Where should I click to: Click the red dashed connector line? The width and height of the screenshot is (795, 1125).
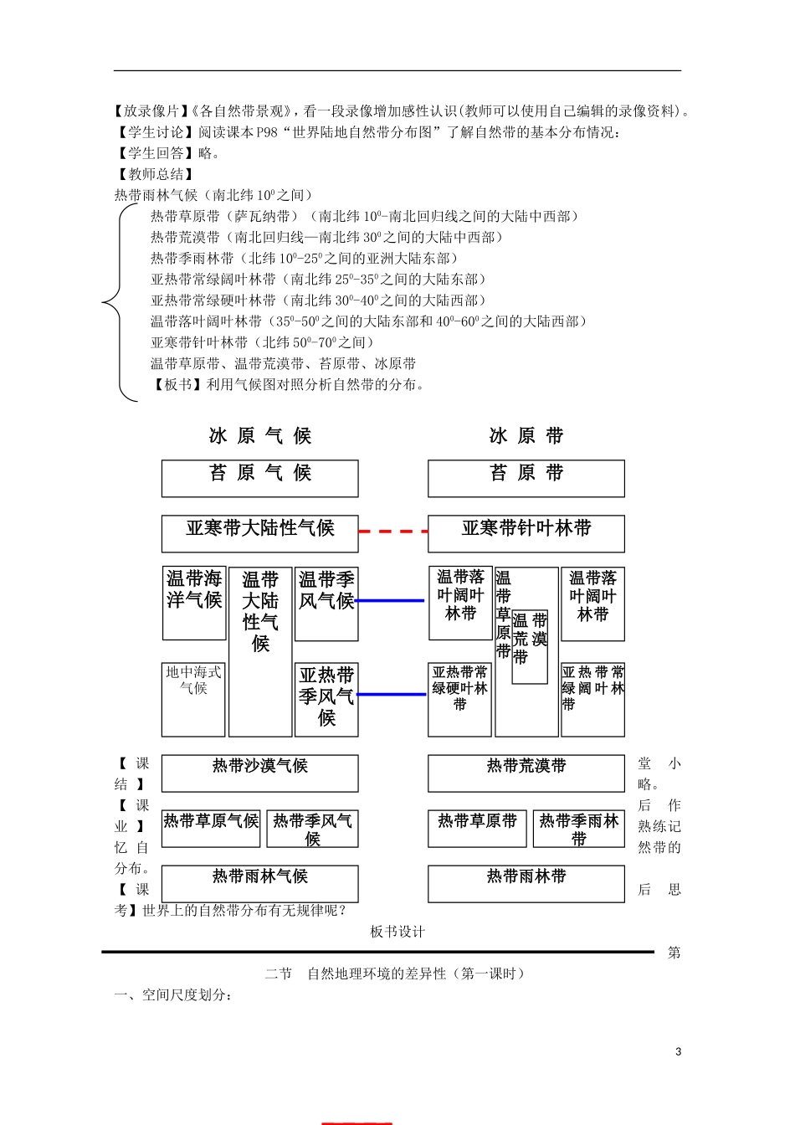tap(392, 531)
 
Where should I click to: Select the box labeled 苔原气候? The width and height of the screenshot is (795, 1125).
tap(259, 478)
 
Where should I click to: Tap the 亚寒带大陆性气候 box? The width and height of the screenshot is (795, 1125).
tap(259, 533)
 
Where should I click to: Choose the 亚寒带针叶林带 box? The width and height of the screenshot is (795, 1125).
tap(526, 533)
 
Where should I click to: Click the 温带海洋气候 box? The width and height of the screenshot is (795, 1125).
tap(194, 603)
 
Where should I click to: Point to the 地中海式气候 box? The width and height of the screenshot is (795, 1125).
tap(193, 699)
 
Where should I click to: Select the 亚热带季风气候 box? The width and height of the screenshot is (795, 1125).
tap(326, 699)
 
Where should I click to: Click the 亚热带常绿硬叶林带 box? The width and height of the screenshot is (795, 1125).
tap(459, 699)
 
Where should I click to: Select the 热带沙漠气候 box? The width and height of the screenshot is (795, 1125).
tap(259, 773)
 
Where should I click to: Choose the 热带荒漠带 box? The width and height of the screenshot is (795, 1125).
tap(526, 773)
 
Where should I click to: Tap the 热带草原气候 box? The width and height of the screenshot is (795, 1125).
tap(211, 828)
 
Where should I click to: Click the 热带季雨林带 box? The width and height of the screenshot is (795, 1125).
tap(578, 828)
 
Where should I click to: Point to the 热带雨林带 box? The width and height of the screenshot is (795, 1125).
tap(526, 883)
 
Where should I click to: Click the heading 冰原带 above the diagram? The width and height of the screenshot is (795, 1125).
tap(526, 435)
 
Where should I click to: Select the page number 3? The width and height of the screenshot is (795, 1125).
tap(678, 1051)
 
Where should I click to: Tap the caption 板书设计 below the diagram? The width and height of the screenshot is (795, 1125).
tap(397, 932)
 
